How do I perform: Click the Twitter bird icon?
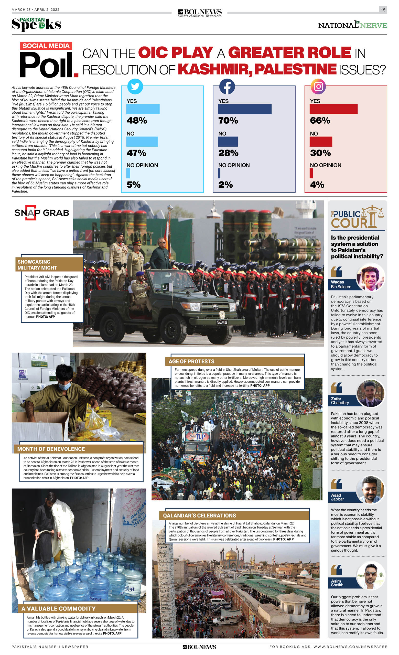135,87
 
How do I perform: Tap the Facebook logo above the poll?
227,87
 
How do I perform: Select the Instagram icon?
318,87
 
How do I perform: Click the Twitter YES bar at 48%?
143,109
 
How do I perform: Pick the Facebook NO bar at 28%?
228,142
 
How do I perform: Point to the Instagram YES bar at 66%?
333,109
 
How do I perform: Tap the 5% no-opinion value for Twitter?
133,185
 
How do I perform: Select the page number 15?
383,10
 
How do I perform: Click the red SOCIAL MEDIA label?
46,46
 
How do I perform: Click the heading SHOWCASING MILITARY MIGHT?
37,264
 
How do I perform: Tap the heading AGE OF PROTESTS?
191,361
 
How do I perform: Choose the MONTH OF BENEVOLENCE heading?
51,449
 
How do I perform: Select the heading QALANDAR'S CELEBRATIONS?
199,516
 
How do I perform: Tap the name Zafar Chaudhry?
340,401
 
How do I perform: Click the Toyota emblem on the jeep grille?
215,307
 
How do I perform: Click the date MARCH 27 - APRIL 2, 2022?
36,9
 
